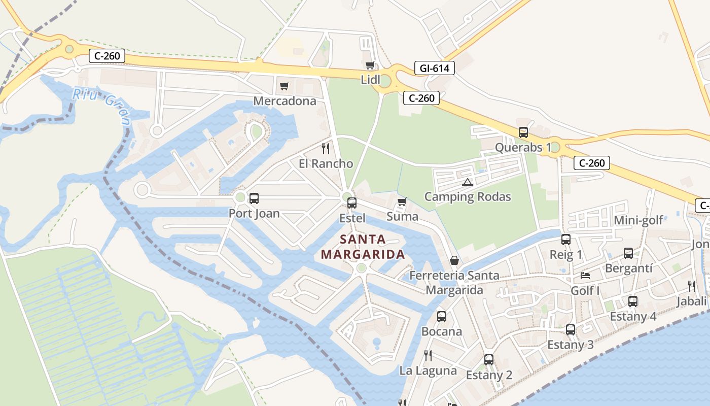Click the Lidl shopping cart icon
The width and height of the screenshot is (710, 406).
370,65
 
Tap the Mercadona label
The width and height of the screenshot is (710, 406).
285,101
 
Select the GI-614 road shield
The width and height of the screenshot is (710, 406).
435,68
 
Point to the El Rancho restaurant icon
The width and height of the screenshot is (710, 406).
326,149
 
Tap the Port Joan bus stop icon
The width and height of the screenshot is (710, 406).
254,198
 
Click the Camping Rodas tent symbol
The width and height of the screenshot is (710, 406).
468,182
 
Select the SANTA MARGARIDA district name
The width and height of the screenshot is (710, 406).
363,247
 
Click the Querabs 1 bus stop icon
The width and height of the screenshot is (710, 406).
523,132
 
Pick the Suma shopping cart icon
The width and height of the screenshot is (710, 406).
402,202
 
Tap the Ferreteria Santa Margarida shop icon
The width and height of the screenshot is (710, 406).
454,260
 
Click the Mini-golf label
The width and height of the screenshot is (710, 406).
638,220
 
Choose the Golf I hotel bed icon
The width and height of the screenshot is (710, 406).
585,276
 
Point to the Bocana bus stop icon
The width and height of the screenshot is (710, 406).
442,317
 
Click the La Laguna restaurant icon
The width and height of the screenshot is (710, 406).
428,355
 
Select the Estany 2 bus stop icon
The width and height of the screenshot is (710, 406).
489,360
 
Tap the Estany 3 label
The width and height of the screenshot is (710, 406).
570,345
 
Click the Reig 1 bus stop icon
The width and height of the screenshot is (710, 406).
566,240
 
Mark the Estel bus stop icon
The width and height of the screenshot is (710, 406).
352,203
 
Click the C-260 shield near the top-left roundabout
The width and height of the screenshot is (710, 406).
107,56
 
